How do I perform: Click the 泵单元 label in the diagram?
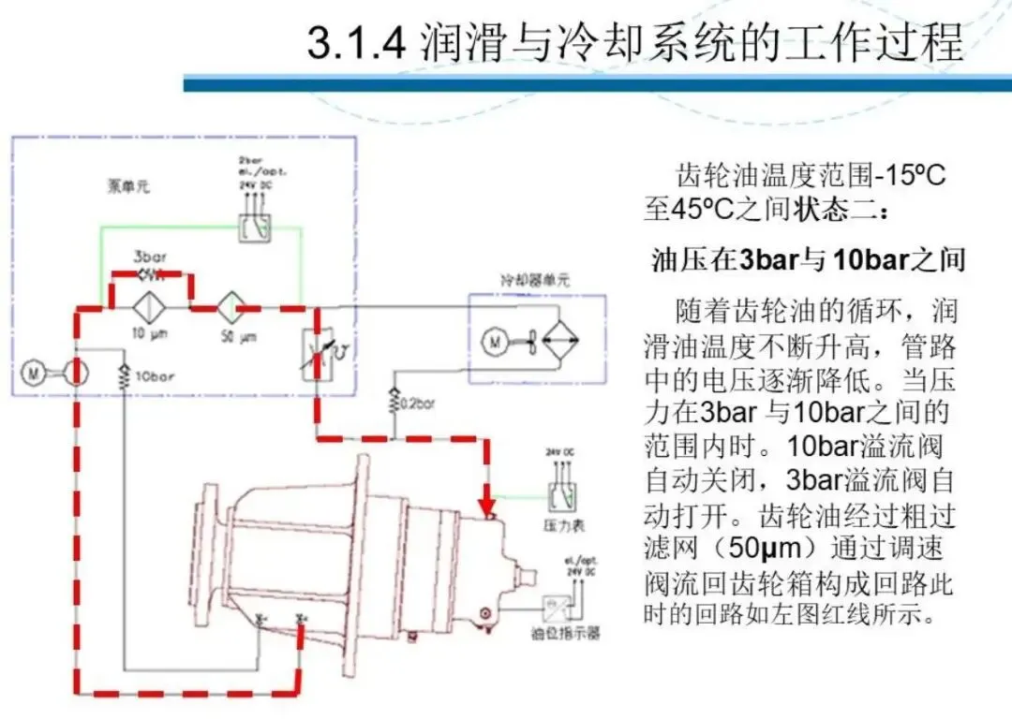click(x=128, y=186)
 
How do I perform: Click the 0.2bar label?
click(x=417, y=404)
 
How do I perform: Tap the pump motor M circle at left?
click(x=34, y=373)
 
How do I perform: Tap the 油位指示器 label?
click(x=565, y=634)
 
